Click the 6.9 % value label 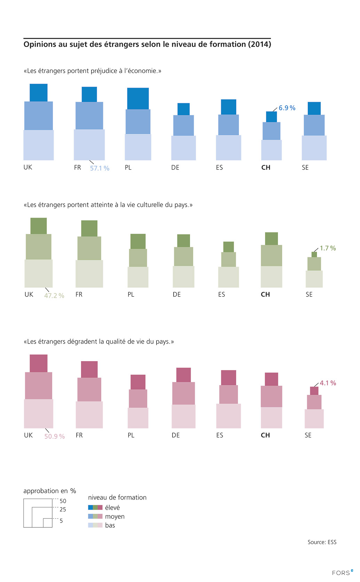click(287, 108)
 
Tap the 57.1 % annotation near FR click(100, 168)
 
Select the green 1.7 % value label click(328, 248)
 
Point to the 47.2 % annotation click(54, 296)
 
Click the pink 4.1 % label click(328, 383)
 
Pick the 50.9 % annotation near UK click(55, 436)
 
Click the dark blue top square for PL click(138, 98)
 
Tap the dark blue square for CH click(272, 117)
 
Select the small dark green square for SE click(314, 254)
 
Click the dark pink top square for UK click(39, 363)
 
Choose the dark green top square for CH click(271, 239)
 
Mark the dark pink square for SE click(314, 391)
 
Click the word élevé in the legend click(112, 508)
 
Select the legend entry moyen click(115, 517)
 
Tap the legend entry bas click(110, 525)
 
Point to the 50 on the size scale click(63, 501)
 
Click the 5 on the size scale click(61, 521)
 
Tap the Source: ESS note click(322, 542)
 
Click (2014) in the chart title click(259, 45)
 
